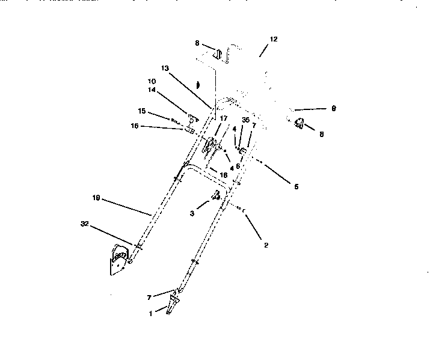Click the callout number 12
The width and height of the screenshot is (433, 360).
pyautogui.click(x=274, y=39)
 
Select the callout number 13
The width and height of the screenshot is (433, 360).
pyautogui.click(x=165, y=69)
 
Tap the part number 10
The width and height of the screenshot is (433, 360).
pyautogui.click(x=152, y=81)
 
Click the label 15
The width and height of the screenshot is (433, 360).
pyautogui.click(x=142, y=111)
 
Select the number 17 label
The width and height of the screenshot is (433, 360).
pyautogui.click(x=224, y=118)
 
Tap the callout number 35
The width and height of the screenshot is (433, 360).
pyautogui.click(x=245, y=120)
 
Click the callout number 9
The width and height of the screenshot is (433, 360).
pyautogui.click(x=334, y=109)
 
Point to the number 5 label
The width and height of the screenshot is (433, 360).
pyautogui.click(x=296, y=186)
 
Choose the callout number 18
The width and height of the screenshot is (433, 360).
pyautogui.click(x=224, y=174)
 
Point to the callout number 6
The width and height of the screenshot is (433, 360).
pyautogui.click(x=238, y=166)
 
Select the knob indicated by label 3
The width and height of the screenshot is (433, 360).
pyautogui.click(x=215, y=195)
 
